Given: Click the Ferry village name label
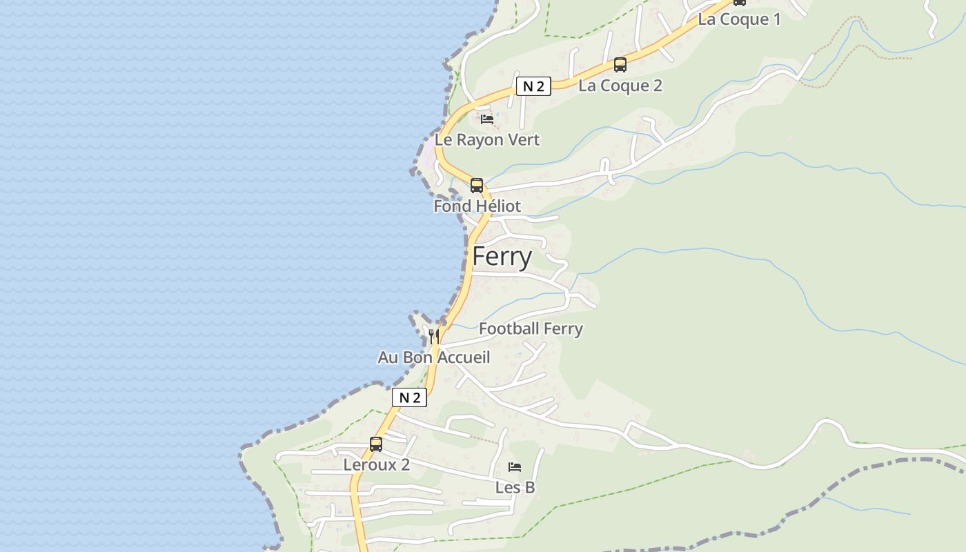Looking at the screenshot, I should [x=502, y=257].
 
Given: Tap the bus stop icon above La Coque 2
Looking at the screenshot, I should [x=620, y=65].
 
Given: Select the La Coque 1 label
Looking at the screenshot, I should [x=739, y=19].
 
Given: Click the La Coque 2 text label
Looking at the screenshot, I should [x=620, y=86].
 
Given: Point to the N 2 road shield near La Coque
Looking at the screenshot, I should [x=533, y=86].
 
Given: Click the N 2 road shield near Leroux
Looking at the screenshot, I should [x=409, y=397].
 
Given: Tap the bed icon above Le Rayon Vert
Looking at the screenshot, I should [x=487, y=119].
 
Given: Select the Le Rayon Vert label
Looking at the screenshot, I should [x=487, y=140].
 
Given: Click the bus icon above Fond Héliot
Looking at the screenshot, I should [x=477, y=185].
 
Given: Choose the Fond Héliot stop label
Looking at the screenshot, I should [x=477, y=206].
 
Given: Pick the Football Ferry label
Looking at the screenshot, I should [x=531, y=329].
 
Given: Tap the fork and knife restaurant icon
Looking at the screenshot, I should [x=434, y=336].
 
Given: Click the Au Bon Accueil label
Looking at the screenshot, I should [x=433, y=357].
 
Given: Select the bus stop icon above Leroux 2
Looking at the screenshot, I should [x=376, y=444].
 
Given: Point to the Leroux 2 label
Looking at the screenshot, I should [x=377, y=465].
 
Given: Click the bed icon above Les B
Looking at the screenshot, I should [x=515, y=467].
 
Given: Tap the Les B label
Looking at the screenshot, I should [x=515, y=488].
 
